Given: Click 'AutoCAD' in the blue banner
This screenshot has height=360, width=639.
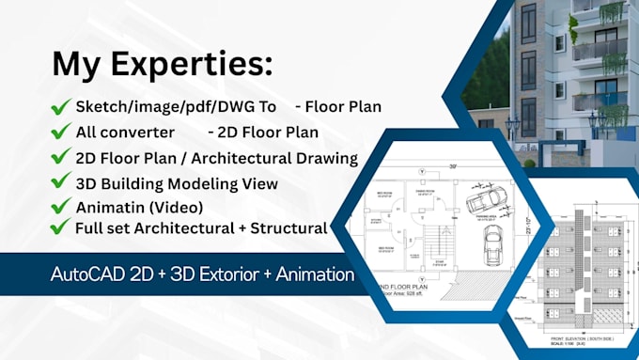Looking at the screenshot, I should click(93, 274).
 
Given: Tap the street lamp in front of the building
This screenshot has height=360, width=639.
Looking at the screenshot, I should click(513, 132).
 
